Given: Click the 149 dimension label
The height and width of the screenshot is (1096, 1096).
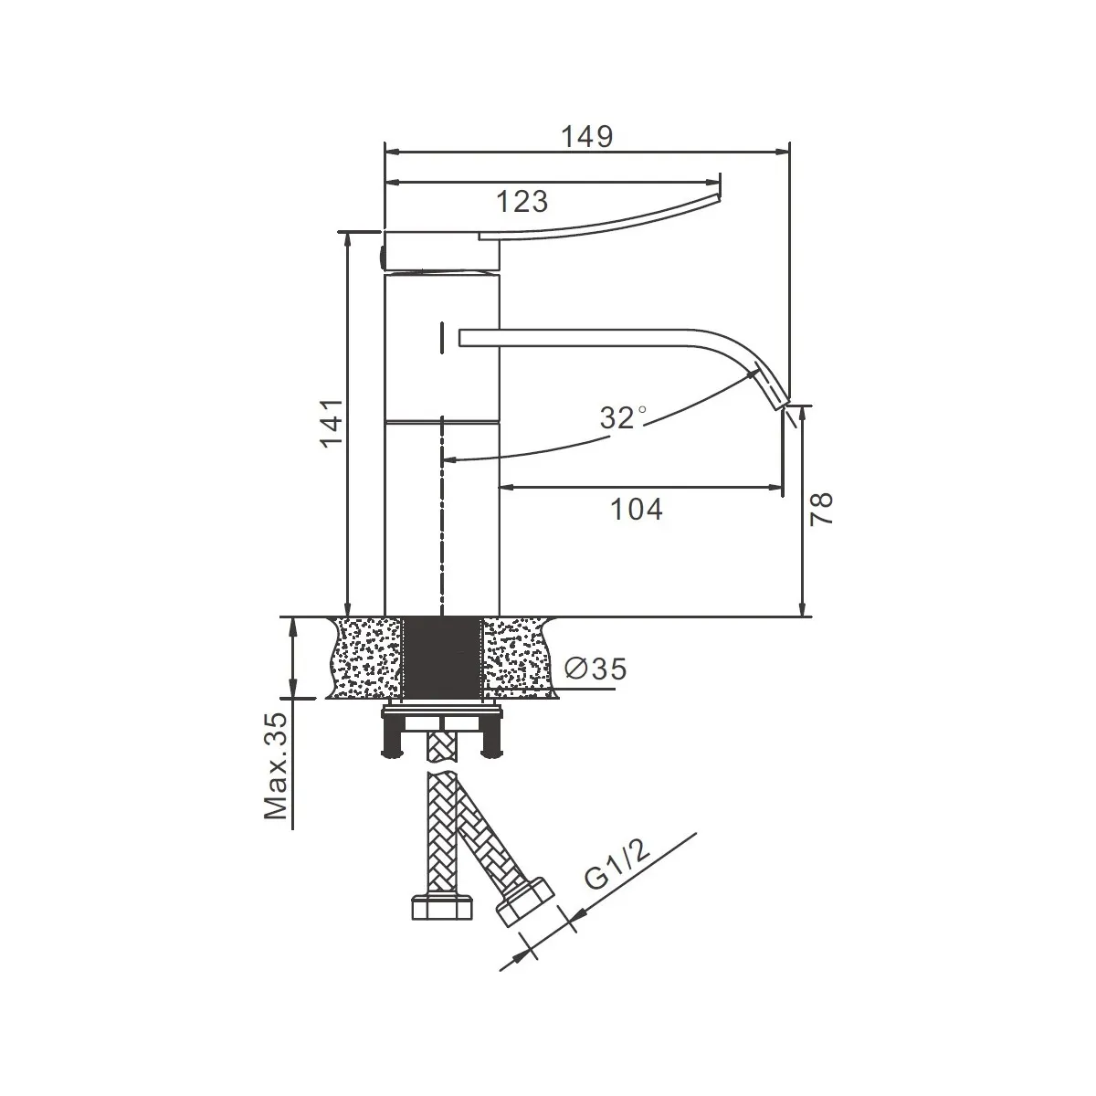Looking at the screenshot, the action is pyautogui.click(x=587, y=136).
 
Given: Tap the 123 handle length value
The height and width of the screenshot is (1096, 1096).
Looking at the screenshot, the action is pyautogui.click(x=522, y=201).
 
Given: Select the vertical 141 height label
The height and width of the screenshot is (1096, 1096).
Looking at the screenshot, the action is pyautogui.click(x=332, y=423).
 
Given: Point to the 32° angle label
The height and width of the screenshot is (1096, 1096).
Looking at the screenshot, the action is pyautogui.click(x=623, y=417).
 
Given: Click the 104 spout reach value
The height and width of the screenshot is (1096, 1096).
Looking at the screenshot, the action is pyautogui.click(x=637, y=509).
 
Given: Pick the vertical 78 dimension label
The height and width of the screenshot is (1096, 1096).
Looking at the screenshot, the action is pyautogui.click(x=821, y=509).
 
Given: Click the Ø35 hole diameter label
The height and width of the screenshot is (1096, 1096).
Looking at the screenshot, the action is pyautogui.click(x=595, y=669).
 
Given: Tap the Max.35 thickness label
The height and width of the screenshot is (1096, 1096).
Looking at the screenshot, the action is pyautogui.click(x=276, y=765).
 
